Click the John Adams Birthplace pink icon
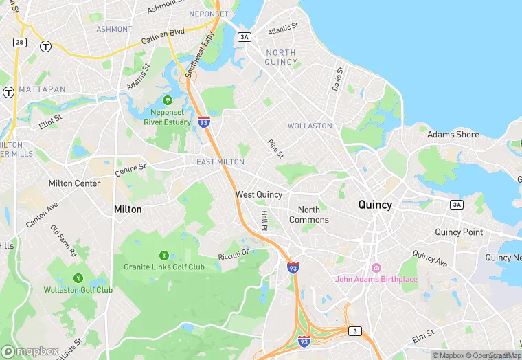click(376, 267)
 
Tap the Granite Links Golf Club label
click(164, 267)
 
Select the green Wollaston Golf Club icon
click(78, 278)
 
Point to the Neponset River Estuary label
click(167, 117)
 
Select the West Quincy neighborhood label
click(259, 194)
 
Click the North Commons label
click(308, 214)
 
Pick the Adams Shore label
click(453, 135)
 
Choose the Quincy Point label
click(459, 232)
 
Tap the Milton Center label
click(74, 183)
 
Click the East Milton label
click(220, 161)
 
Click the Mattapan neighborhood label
click(42, 90)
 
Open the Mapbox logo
click(30, 351)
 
